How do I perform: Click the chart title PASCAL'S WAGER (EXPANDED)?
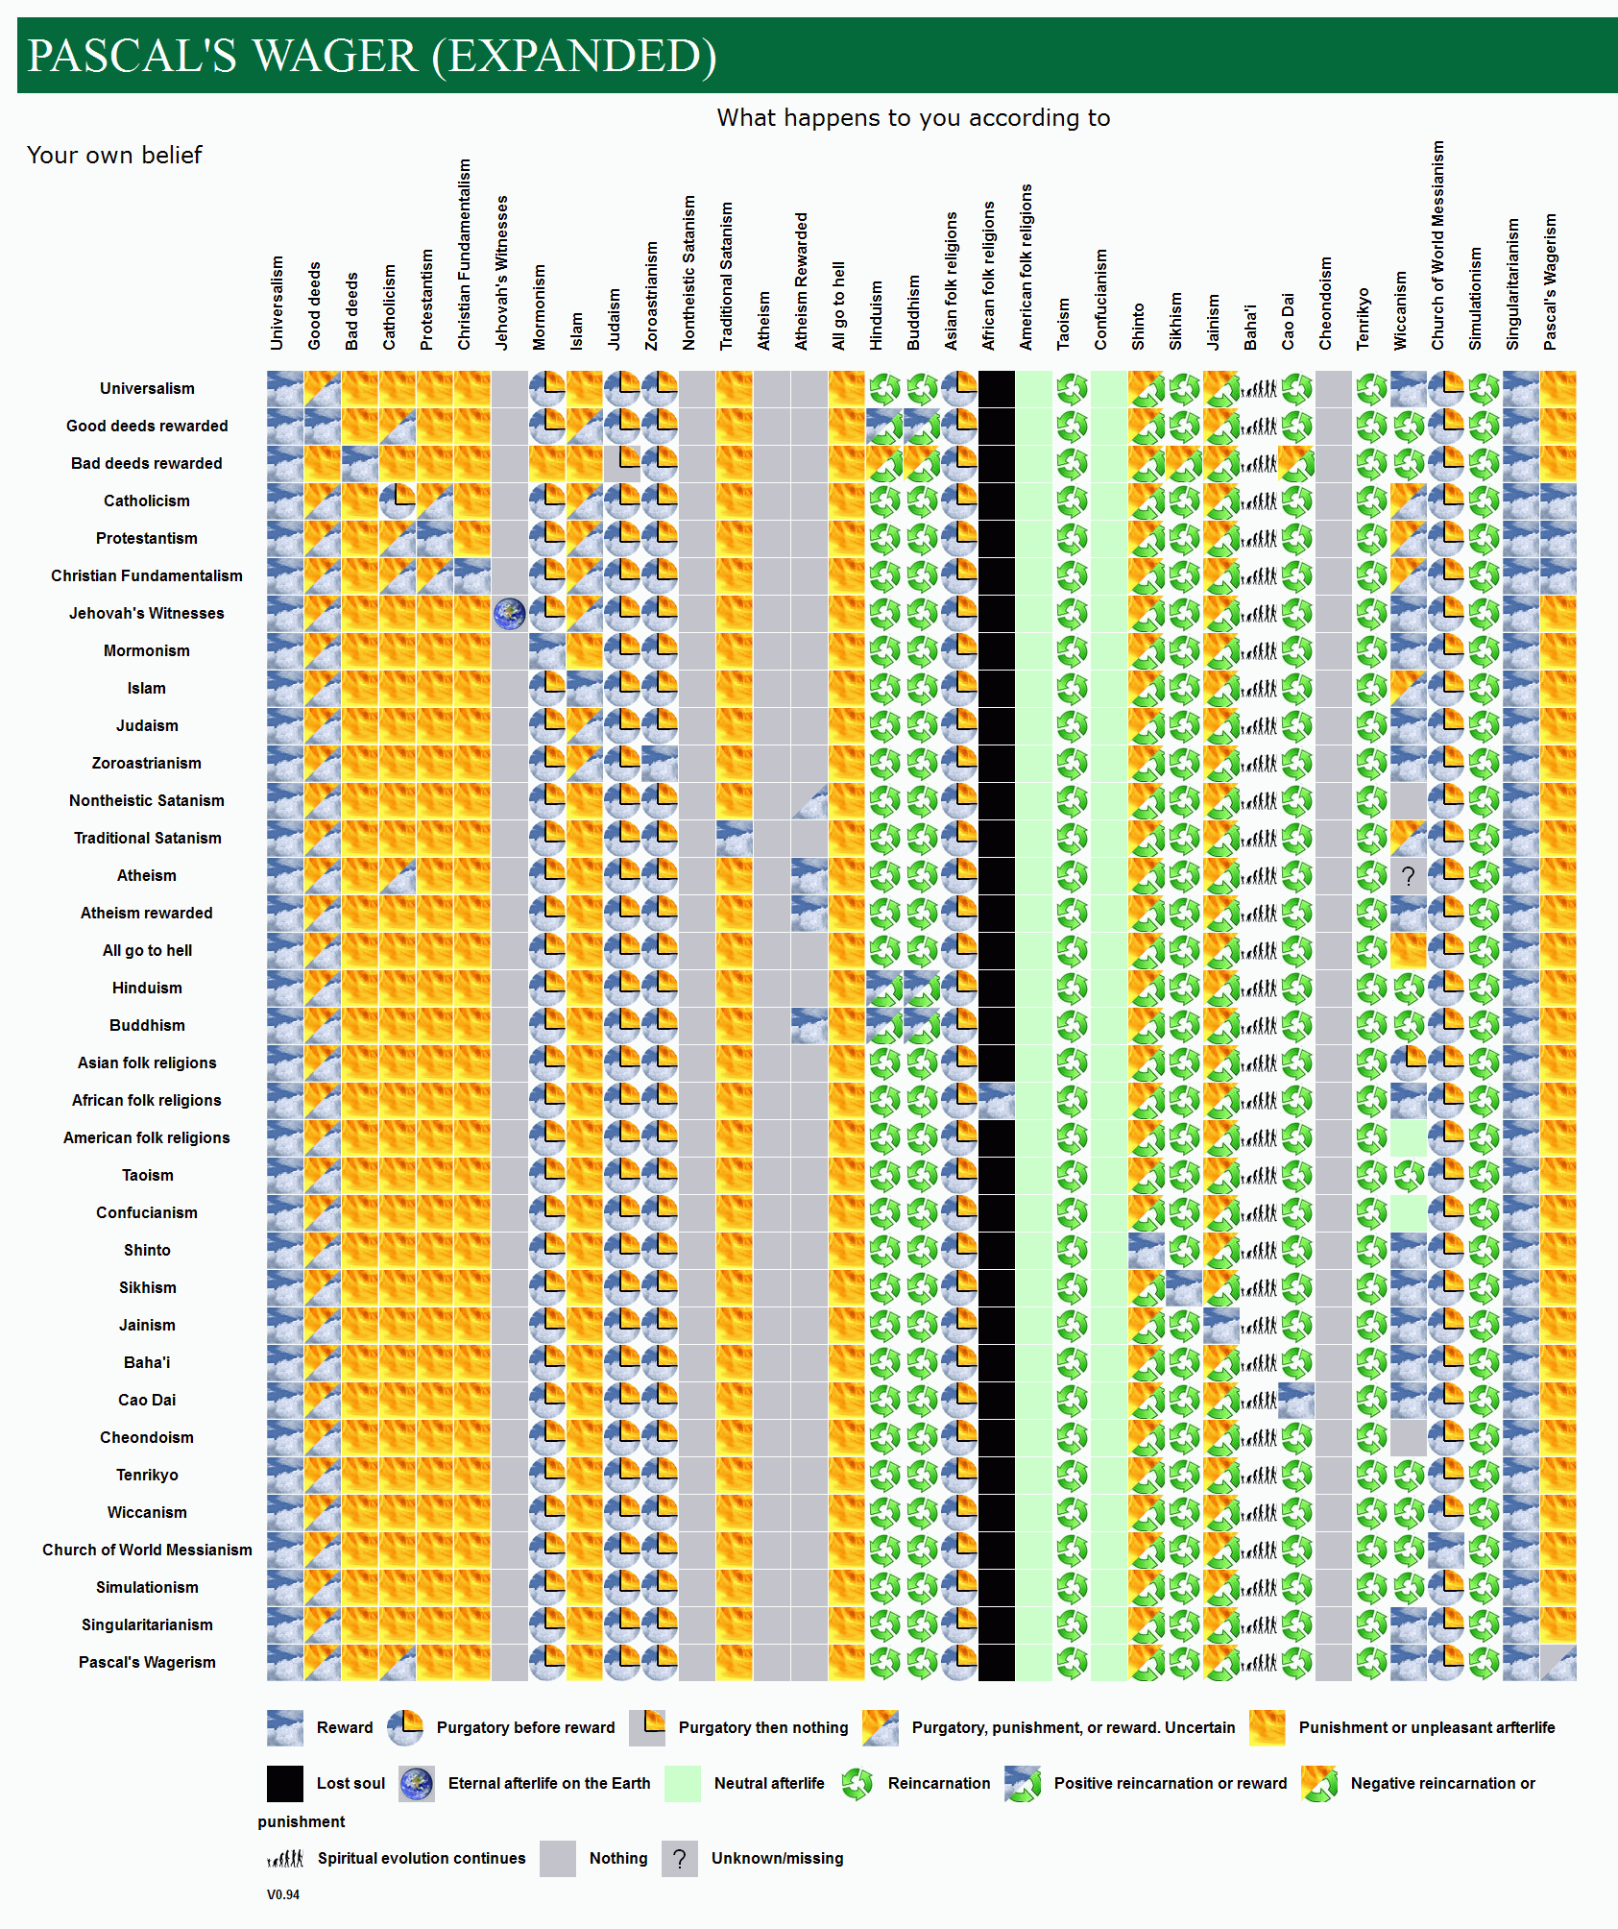(372, 56)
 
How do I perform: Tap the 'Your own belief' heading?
(114, 156)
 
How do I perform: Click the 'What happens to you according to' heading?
(913, 118)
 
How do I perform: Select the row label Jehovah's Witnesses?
(146, 613)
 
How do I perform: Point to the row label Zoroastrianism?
(146, 763)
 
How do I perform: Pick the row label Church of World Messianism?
(147, 1550)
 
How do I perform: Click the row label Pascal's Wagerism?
(147, 1662)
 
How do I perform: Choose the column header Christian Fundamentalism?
(465, 255)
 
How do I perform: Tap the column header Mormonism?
(540, 307)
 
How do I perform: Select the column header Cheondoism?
(1326, 304)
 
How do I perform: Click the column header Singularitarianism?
(1513, 284)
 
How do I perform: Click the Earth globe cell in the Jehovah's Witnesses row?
(510, 613)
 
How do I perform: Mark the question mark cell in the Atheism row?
(1408, 876)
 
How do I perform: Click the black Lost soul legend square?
(285, 1784)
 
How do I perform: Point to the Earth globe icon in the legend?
(417, 1784)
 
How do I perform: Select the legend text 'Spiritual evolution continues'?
(422, 1858)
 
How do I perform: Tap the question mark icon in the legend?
(680, 1859)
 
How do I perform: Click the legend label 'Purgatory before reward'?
(525, 1727)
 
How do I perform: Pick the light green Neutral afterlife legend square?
(683, 1784)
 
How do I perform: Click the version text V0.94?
(283, 1894)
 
